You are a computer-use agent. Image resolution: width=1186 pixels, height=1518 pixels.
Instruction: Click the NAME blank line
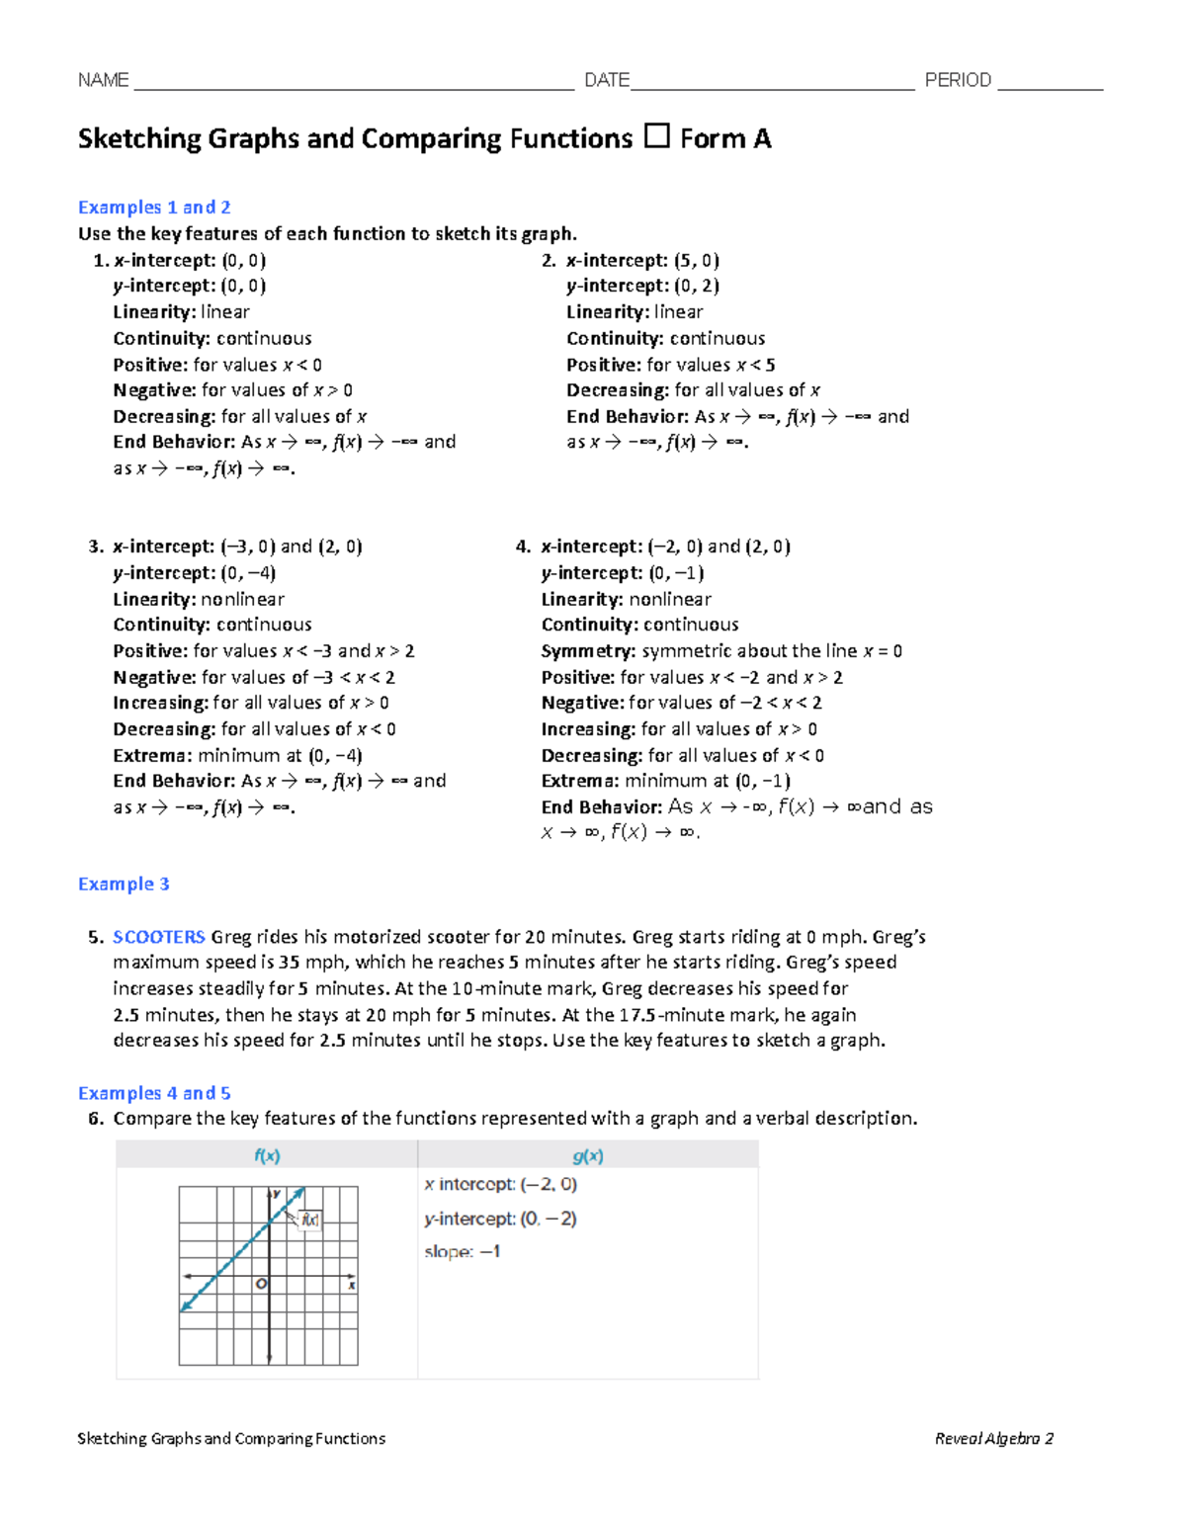coord(353,83)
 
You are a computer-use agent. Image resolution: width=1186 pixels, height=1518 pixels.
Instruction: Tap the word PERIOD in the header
coord(957,80)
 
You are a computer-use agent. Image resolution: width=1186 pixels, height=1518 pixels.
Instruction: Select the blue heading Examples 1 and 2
coord(154,208)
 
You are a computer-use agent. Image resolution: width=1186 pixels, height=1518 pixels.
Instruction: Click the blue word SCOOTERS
coord(158,937)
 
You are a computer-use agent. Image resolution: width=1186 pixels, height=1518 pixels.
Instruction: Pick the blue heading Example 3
coord(124,885)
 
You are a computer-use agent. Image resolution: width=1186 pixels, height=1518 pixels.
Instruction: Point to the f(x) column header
coord(267,1155)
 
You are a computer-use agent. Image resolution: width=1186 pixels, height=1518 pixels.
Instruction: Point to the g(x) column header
coord(588,1155)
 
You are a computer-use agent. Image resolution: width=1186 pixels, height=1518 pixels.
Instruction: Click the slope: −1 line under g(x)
coord(463,1252)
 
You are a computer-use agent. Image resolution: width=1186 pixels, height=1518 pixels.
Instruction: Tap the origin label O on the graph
coord(261,1284)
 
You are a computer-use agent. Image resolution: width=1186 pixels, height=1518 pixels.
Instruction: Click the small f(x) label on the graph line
coord(310,1220)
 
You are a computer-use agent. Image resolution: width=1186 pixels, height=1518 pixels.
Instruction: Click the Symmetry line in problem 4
coord(721,651)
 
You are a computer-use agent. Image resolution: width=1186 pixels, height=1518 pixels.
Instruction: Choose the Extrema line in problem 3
coord(237,756)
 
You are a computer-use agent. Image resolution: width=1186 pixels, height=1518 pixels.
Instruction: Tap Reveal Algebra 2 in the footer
coord(993,1439)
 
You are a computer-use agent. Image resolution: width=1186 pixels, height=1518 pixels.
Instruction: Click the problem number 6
coord(95,1119)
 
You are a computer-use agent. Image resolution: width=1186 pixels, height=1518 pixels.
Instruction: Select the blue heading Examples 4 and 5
coord(154,1093)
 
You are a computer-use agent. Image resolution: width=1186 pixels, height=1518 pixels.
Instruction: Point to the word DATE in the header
coord(606,80)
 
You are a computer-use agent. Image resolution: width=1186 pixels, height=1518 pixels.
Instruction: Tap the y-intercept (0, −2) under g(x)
coord(500,1219)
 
